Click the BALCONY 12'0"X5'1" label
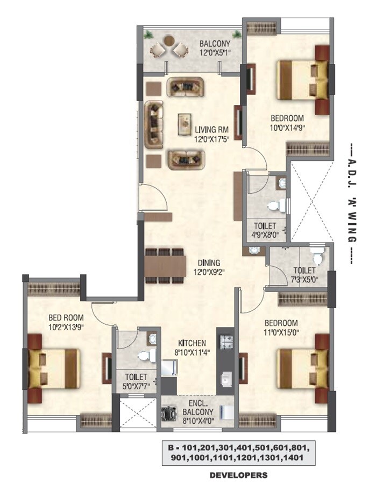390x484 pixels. pyautogui.click(x=215, y=48)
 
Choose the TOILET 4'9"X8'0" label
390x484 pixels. pyautogui.click(x=264, y=230)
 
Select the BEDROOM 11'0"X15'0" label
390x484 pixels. pyautogui.click(x=281, y=328)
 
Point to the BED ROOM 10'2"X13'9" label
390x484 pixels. pyautogui.click(x=66, y=322)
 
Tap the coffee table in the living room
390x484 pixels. pyautogui.click(x=186, y=123)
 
